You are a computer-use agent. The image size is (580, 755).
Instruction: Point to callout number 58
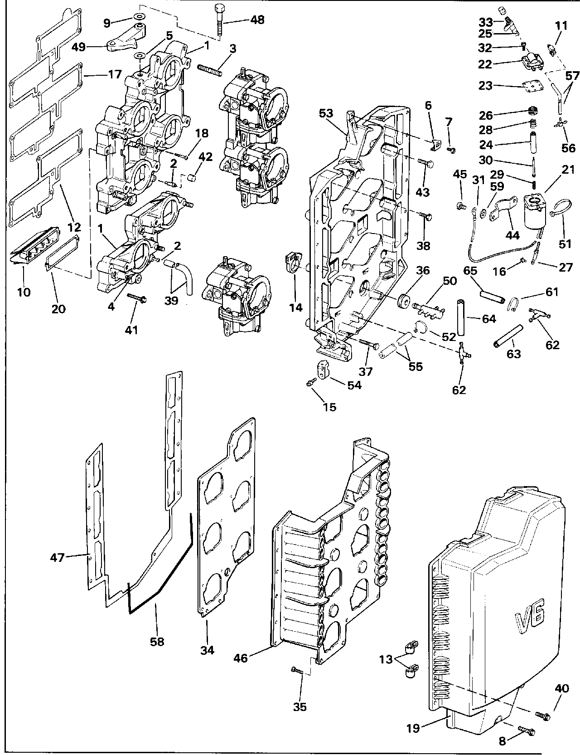pyautogui.click(x=158, y=641)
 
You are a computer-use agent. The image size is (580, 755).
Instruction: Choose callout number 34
pyautogui.click(x=208, y=650)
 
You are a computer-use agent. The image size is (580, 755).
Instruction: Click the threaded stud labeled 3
pyautogui.click(x=210, y=70)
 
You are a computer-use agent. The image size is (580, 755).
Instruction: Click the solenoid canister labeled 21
pyautogui.click(x=534, y=211)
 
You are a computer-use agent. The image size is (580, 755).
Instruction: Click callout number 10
pyautogui.click(x=24, y=292)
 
